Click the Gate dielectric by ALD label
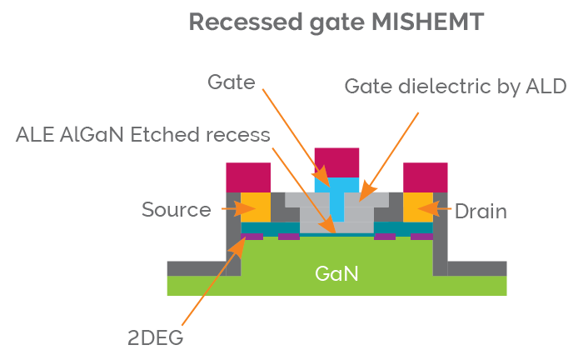456,87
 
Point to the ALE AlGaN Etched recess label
142,134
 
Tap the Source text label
176,209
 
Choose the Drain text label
481,212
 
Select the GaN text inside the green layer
336,272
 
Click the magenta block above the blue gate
336,162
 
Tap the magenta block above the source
248,176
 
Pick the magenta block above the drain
425,176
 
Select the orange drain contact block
418,207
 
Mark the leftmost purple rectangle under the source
252,237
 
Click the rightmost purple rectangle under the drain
421,237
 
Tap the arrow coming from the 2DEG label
208,283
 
